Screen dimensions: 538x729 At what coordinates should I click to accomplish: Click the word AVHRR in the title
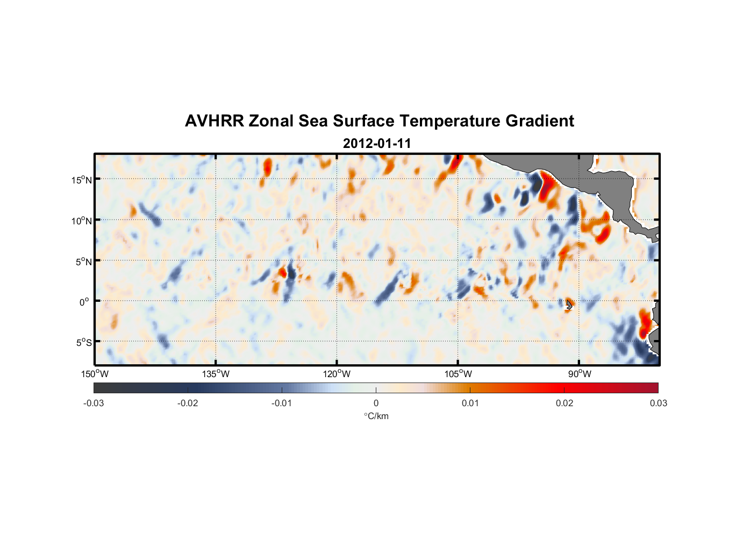click(x=214, y=121)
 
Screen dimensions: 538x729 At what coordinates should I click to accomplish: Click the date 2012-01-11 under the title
click(x=377, y=144)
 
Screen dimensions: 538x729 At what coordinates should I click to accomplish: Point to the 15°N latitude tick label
click(x=82, y=180)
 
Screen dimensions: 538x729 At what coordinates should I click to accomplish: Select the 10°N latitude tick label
click(x=82, y=221)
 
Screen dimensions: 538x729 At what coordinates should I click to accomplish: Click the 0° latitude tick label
click(x=84, y=302)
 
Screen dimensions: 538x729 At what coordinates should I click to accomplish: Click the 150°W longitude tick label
click(x=95, y=374)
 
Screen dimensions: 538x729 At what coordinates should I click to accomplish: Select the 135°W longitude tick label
click(x=216, y=374)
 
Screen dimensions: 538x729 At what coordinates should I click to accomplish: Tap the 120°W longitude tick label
click(x=337, y=374)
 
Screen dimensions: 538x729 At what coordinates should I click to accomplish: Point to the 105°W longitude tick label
click(x=458, y=374)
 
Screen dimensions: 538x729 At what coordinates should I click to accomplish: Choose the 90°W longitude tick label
click(x=579, y=374)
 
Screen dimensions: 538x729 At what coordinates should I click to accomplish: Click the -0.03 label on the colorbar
click(x=94, y=403)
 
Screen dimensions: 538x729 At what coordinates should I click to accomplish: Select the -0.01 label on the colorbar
click(x=282, y=403)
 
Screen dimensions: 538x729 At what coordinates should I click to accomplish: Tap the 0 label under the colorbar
click(x=376, y=403)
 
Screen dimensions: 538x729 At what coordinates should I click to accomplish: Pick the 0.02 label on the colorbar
click(x=564, y=403)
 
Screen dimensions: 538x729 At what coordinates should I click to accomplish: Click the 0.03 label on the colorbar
click(x=658, y=403)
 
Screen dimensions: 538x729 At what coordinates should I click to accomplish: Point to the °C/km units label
click(x=376, y=416)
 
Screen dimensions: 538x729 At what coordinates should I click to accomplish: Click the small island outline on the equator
click(x=569, y=304)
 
